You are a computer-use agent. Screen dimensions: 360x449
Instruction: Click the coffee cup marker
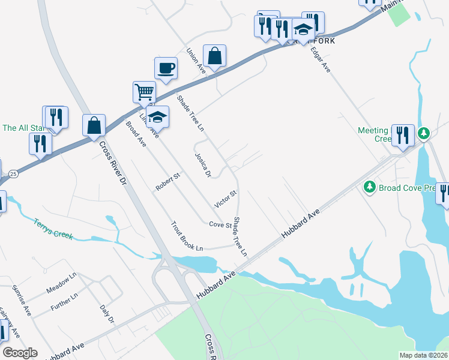coord(166,68)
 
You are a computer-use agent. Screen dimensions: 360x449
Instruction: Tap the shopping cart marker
coord(144,92)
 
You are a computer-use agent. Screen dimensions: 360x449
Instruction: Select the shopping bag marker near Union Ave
coord(214,56)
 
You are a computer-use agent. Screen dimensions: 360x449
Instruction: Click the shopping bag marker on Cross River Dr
coord(94,125)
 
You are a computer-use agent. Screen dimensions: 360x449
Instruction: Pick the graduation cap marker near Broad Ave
coord(157,116)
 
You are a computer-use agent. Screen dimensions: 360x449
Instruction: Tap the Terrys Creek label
coord(53,228)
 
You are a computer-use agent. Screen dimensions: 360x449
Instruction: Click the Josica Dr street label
coord(203,165)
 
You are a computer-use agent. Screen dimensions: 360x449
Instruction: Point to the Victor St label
coord(226,199)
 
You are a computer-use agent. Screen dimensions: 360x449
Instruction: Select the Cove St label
coord(220,224)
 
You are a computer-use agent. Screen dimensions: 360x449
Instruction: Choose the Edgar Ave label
coord(321,60)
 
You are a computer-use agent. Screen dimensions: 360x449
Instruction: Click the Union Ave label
coord(196,61)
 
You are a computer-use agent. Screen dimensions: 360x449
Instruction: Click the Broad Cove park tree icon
coord(369,188)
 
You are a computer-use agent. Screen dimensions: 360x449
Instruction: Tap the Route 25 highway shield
coord(13,173)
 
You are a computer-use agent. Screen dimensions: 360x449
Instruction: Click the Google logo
coord(20,353)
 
